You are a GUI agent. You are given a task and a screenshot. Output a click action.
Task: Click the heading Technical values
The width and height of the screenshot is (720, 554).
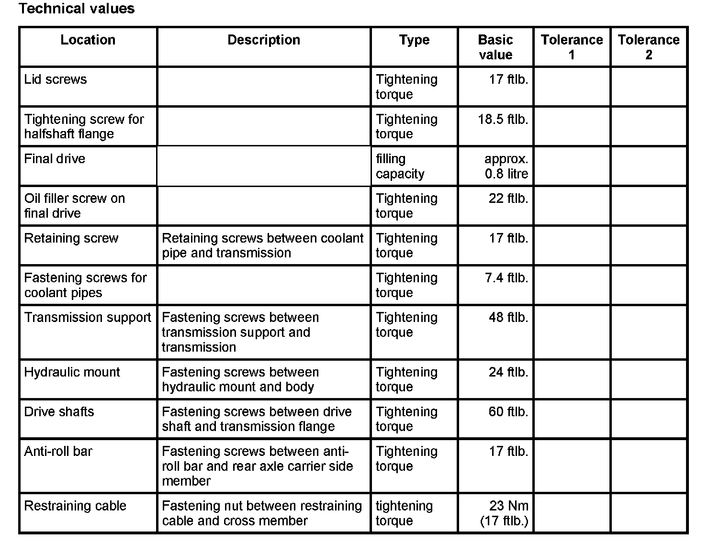77,9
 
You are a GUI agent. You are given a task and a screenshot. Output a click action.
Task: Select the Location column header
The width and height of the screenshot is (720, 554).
88,40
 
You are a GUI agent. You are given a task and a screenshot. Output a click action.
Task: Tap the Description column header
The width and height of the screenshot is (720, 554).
264,40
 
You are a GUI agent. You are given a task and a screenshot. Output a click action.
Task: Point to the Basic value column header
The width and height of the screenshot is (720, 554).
495,47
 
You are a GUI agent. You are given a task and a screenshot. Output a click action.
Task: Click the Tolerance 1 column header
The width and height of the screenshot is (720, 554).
572,47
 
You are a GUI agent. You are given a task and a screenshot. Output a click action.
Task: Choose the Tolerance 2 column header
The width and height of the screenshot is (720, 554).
649,47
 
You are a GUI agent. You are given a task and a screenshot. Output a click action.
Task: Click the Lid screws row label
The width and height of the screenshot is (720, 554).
56,79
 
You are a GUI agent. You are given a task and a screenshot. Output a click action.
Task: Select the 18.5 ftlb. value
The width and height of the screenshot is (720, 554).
503,119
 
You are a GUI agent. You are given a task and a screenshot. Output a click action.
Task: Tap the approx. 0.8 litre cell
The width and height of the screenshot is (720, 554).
506,166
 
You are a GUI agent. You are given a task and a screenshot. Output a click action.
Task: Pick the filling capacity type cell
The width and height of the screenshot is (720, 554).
400,166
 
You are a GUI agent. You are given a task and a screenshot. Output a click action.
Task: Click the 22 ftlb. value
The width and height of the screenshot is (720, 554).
508,199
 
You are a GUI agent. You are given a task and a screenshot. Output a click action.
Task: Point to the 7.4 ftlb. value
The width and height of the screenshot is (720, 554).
506,278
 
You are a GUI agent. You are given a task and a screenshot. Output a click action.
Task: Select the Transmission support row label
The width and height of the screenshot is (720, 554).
88,318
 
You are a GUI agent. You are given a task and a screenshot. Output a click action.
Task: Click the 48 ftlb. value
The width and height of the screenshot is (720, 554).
508,318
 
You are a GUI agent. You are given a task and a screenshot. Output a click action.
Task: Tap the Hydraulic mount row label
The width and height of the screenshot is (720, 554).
72,372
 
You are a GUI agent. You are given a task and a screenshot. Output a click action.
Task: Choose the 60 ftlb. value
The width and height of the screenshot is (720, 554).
508,412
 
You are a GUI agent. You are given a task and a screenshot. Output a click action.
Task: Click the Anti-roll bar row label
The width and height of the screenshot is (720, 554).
58,452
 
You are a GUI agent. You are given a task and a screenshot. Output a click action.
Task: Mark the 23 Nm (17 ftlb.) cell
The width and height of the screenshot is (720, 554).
504,513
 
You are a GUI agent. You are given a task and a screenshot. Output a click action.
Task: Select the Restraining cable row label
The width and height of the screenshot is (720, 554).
75,506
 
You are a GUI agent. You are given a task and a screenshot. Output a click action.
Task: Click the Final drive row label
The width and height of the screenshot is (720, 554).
55,159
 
